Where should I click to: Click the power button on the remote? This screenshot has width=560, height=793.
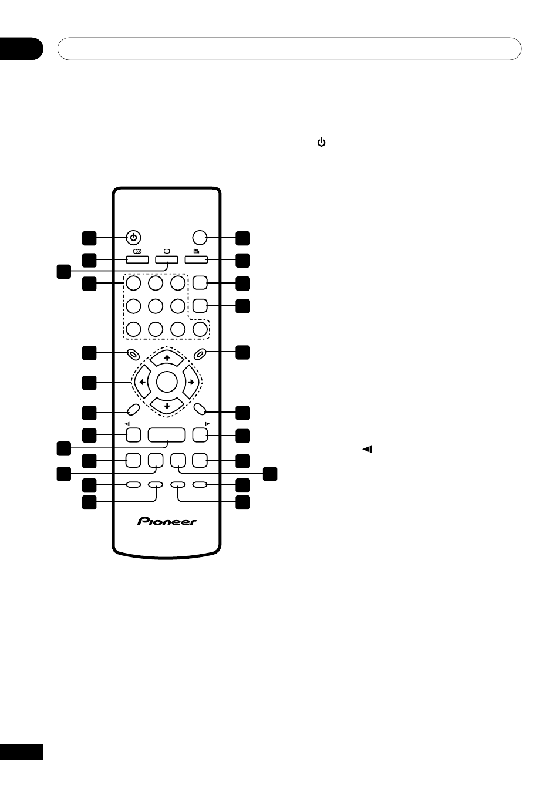pos(134,238)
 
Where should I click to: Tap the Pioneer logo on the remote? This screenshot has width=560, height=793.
pos(167,521)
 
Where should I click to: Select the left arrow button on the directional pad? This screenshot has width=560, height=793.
pos(141,382)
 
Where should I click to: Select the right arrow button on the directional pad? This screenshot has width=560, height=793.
pos(191,382)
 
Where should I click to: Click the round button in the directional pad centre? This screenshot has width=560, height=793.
pos(167,382)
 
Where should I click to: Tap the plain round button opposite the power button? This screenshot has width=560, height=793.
pos(200,238)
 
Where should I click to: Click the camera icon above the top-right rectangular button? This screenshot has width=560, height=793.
pos(196,251)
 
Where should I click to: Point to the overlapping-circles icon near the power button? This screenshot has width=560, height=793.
pos(137,251)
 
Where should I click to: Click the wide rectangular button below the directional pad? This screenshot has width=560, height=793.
pos(167,435)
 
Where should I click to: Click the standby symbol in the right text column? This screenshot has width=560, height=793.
pos(321,142)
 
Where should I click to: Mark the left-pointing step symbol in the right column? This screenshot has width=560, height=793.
pos(367,449)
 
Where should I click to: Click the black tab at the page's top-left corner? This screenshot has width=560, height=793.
pos(21,49)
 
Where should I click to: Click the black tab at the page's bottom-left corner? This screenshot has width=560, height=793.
pos(21,752)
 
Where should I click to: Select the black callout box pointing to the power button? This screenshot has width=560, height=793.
pos(89,238)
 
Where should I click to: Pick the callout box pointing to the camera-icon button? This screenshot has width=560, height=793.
pos(243,259)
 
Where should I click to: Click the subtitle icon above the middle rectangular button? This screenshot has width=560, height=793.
pos(167,251)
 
